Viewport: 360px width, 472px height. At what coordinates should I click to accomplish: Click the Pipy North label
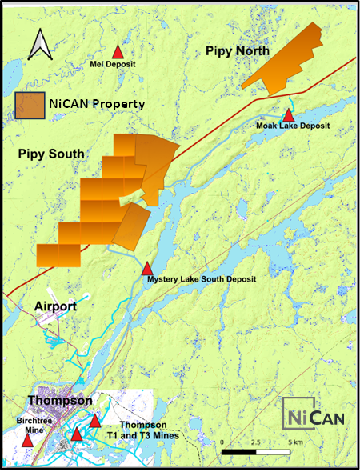click(238, 51)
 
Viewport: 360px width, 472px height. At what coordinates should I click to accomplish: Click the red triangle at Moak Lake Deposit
click(288, 114)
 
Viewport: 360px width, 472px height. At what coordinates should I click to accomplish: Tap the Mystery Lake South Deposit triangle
click(148, 268)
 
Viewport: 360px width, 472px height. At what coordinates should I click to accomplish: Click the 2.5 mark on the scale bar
click(255, 442)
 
